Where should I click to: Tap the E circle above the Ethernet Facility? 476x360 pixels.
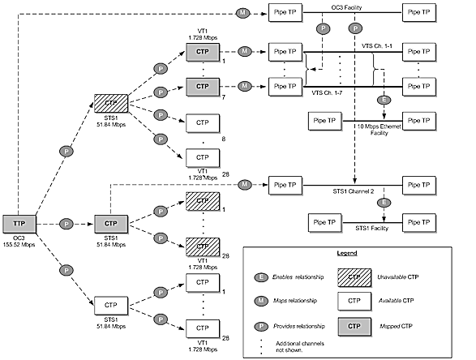(383, 101)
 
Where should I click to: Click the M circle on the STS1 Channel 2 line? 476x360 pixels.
(244, 186)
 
